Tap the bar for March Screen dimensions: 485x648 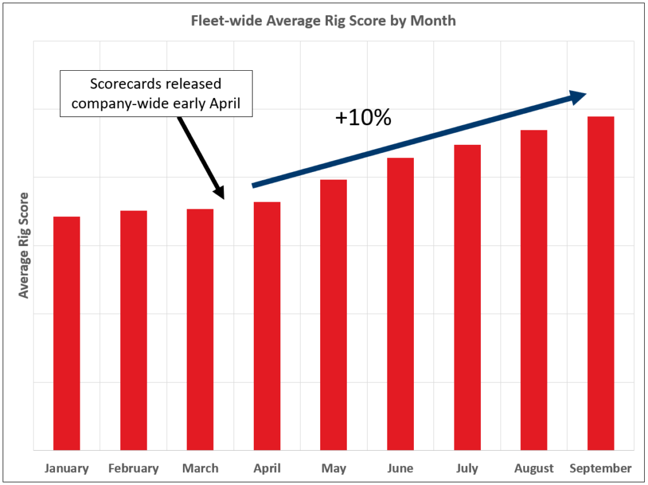tap(200, 329)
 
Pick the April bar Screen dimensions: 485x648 tap(267, 326)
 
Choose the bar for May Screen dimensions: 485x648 tap(333, 315)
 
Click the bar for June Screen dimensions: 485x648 tap(401, 304)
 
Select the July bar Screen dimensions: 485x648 tap(467, 297)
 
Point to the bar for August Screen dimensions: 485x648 tap(534, 290)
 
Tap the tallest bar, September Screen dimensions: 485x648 tap(601, 283)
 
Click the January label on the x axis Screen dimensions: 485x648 tap(66, 469)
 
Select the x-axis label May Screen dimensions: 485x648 tap(333, 469)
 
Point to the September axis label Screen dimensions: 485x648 tap(601, 469)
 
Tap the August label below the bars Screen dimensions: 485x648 tap(534, 469)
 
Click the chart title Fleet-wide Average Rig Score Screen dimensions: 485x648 tap(323, 21)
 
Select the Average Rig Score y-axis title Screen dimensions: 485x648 tap(24, 245)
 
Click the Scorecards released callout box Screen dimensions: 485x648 tap(156, 94)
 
